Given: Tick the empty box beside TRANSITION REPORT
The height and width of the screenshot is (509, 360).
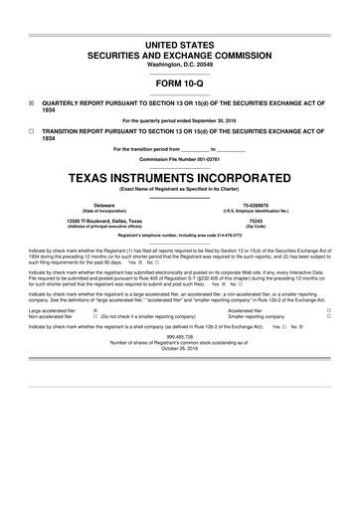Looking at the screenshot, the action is pyautogui.click(x=32, y=131).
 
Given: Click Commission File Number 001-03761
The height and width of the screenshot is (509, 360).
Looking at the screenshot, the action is pyautogui.click(x=180, y=159).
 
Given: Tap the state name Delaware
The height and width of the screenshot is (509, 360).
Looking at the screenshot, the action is pyautogui.click(x=90, y=205).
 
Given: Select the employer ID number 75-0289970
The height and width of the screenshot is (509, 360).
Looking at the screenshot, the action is pyautogui.click(x=271, y=205).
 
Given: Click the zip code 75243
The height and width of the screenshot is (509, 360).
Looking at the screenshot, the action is pyautogui.click(x=271, y=220).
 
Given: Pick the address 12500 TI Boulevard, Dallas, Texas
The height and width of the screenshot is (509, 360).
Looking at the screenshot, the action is pyautogui.click(x=104, y=220).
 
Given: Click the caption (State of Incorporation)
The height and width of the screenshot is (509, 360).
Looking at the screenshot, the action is pyautogui.click(x=90, y=211).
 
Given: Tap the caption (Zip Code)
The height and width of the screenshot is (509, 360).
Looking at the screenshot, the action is pyautogui.click(x=271, y=226).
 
